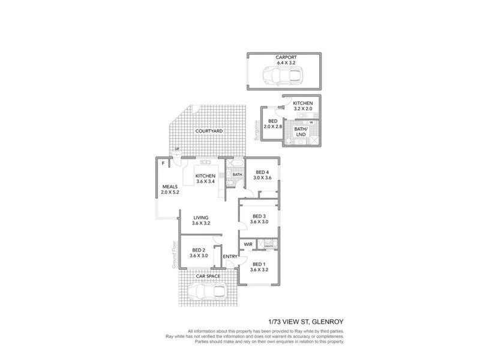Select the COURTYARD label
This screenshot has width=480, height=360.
pyautogui.click(x=209, y=131)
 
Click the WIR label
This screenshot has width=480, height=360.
pyautogui.click(x=248, y=244)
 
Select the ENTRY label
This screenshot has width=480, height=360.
pyautogui.click(x=230, y=257)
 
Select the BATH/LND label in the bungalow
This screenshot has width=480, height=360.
pyautogui.click(x=301, y=131)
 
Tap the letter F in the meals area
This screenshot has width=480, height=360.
pyautogui.click(x=163, y=163)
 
